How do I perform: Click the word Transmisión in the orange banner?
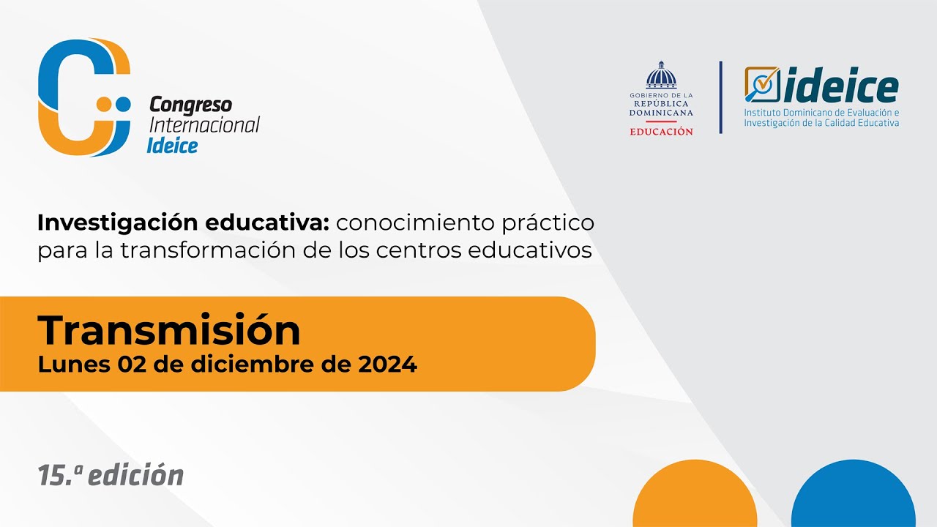(x=169, y=331)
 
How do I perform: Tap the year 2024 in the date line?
(x=388, y=365)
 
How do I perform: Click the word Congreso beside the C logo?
(x=190, y=105)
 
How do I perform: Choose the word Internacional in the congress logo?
(x=204, y=125)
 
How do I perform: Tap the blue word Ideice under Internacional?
(x=172, y=145)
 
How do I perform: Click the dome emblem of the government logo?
(x=661, y=76)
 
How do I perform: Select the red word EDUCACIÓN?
(x=661, y=132)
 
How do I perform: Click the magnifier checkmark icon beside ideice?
(x=762, y=84)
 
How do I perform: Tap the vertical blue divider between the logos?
(x=720, y=97)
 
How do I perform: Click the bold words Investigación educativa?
(x=186, y=222)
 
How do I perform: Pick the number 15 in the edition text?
(x=52, y=476)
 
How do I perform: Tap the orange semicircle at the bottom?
(x=694, y=498)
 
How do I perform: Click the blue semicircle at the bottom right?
(x=853, y=498)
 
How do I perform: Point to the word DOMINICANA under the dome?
(x=661, y=113)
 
